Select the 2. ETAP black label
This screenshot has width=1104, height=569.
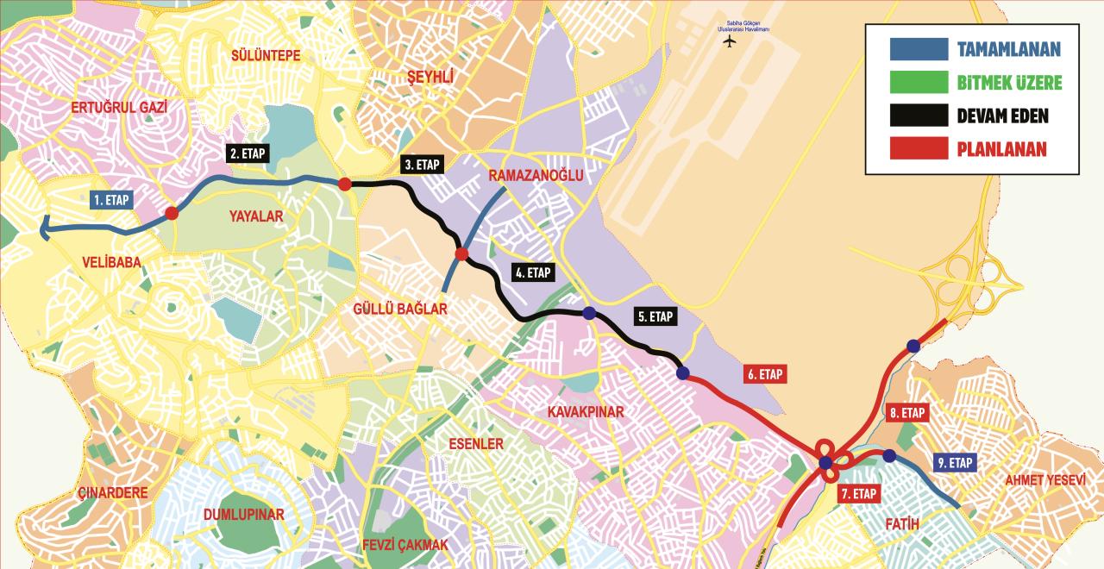pos(248,153)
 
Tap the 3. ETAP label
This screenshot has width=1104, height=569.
pos(421,165)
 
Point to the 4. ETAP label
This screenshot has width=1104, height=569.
pos(532,272)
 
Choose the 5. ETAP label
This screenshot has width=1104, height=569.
pos(655,316)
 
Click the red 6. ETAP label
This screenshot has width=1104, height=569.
pos(765,374)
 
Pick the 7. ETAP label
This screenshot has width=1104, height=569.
pos(858,494)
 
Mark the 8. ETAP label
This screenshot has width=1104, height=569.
pos(907,413)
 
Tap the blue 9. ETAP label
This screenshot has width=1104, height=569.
pos(955,463)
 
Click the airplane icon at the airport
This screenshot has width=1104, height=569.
pos(731,42)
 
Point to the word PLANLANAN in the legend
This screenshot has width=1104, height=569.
pos(1001,149)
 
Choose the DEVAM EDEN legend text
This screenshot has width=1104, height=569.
pos(1002,116)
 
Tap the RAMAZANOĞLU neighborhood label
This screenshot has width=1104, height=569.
pos(536,176)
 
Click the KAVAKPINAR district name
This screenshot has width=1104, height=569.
pos(585,412)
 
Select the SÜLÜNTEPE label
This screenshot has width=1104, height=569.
pos(266,56)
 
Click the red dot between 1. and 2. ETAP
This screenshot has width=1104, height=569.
pos(172,213)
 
